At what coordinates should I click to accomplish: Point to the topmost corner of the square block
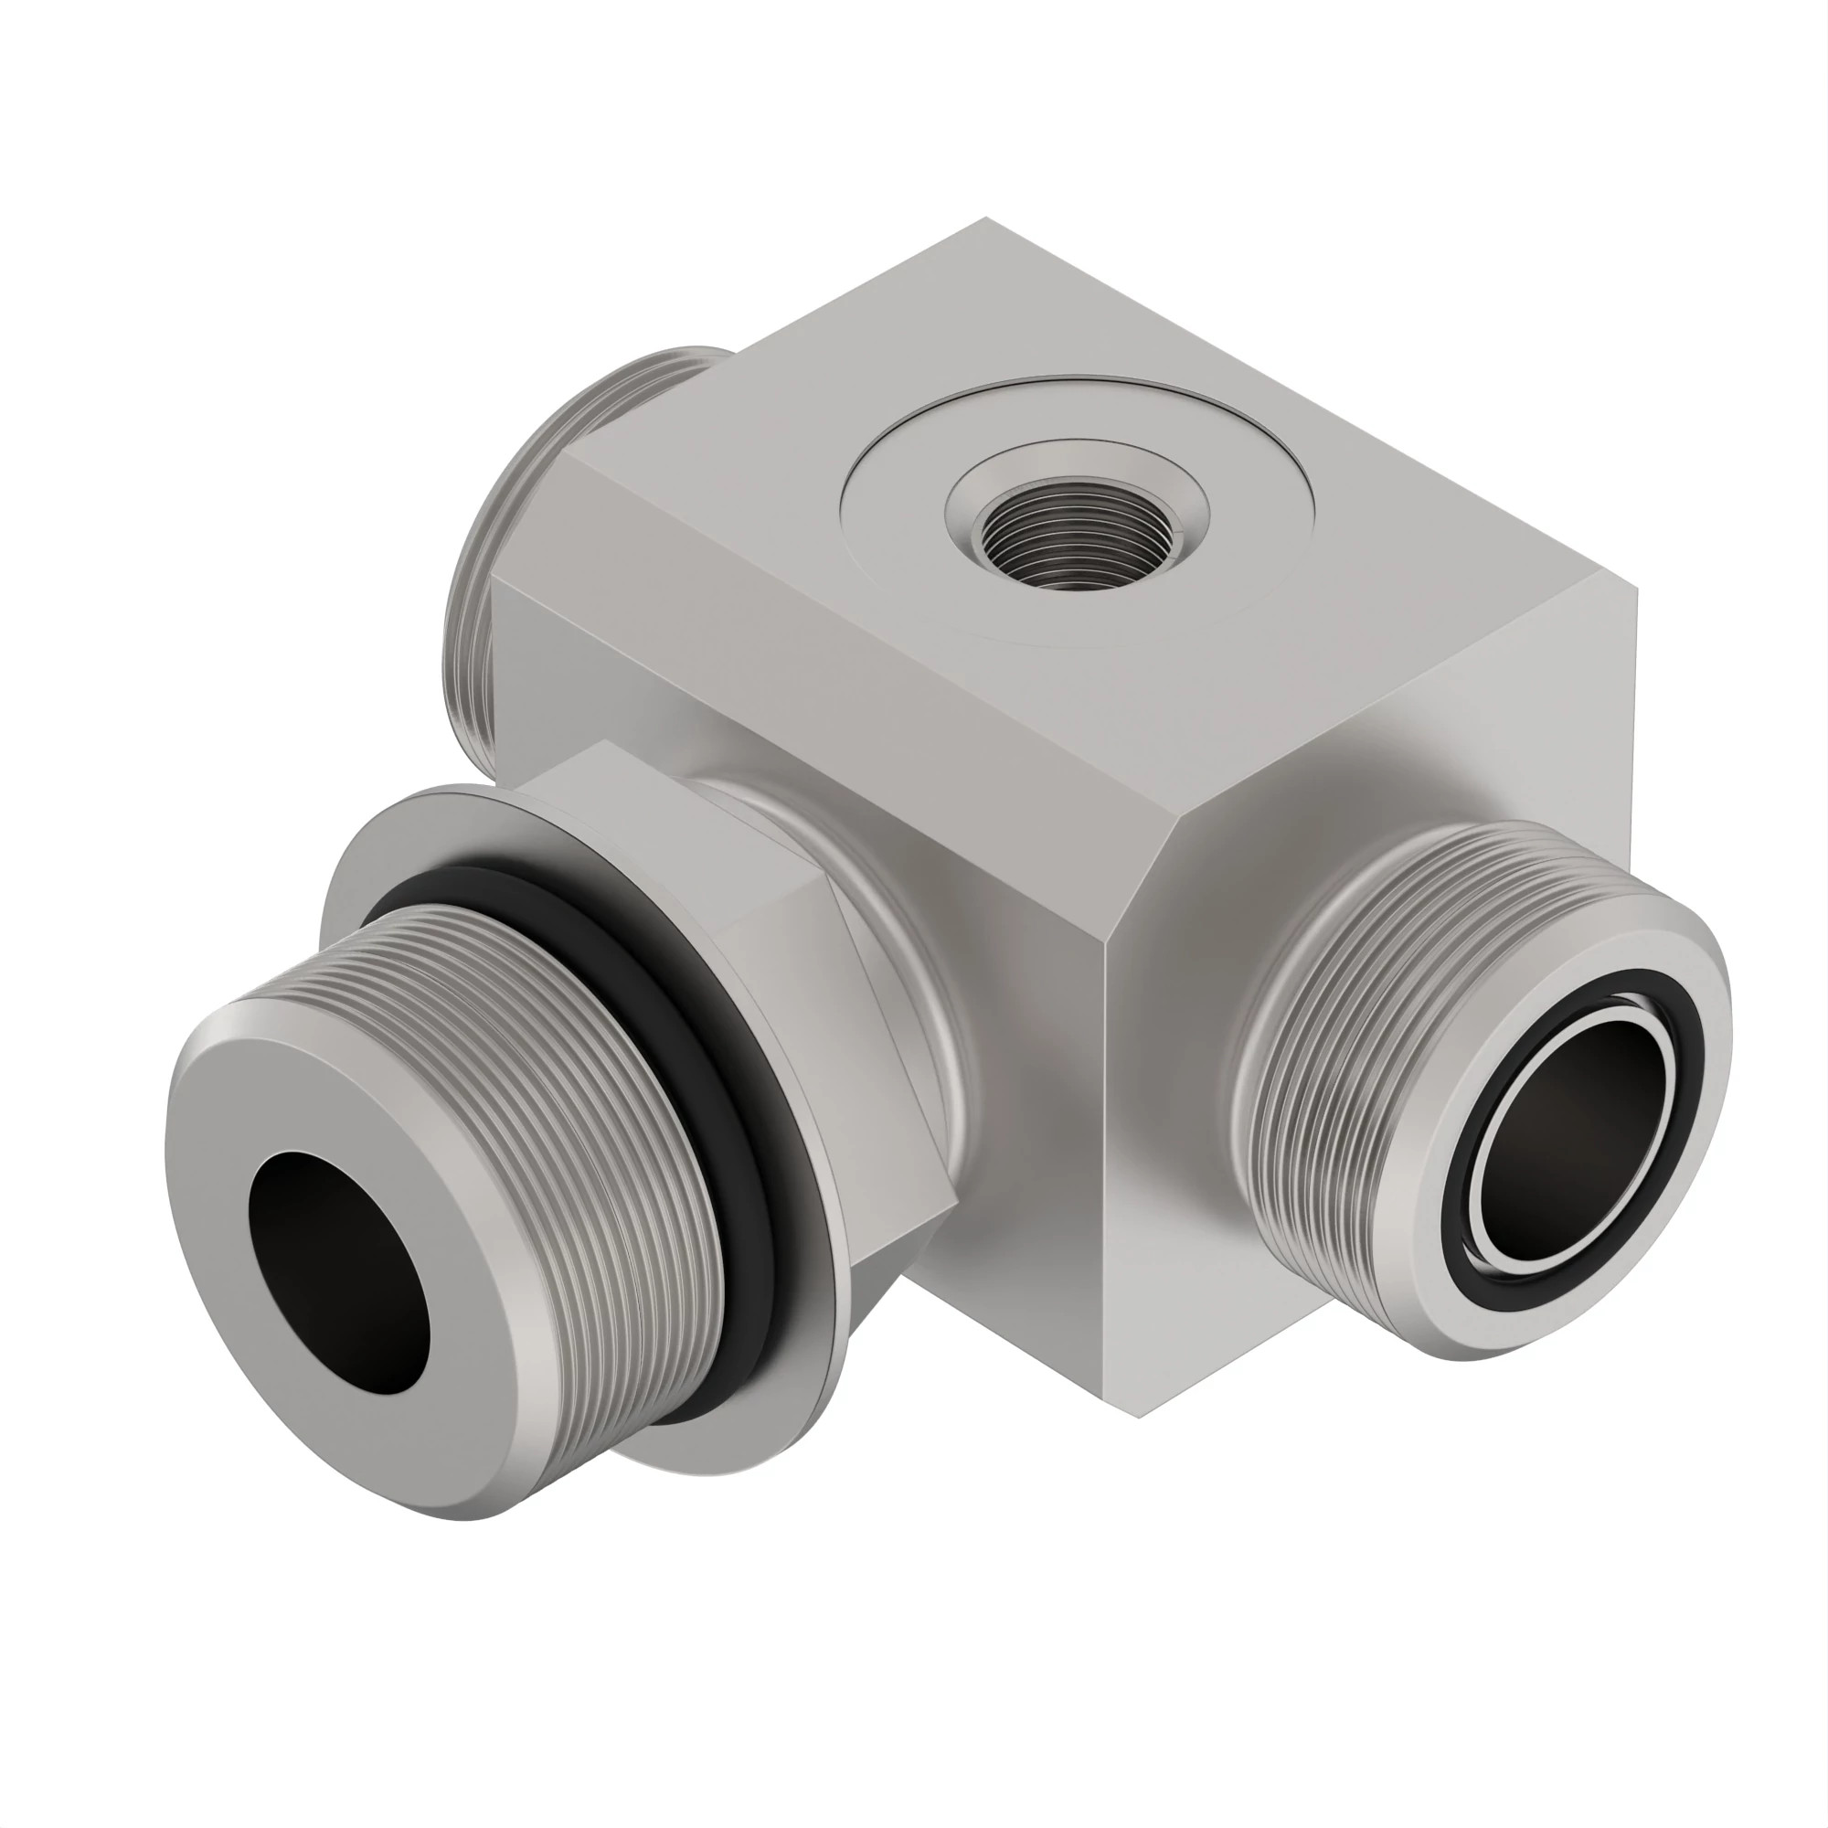point(986,218)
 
